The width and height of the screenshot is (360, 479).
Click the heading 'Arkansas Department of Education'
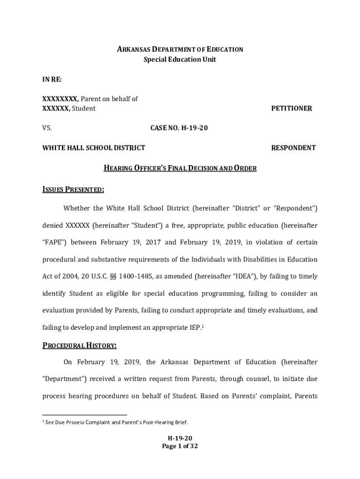point(180,49)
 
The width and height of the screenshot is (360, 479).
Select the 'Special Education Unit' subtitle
point(180,59)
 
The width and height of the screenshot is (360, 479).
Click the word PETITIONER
point(291,109)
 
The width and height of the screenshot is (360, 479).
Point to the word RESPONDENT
point(293,148)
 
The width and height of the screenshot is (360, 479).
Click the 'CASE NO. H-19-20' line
point(179,128)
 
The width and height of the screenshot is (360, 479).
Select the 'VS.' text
point(47,128)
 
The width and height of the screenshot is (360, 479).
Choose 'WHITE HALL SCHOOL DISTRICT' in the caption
point(94,148)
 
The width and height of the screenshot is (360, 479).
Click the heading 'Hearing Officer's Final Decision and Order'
point(180,168)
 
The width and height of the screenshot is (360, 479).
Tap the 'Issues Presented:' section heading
point(73,189)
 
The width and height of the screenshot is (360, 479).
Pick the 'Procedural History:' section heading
point(79,346)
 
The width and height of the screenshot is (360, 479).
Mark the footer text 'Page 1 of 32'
point(180,446)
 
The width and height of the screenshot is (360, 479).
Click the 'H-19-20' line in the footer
point(180,438)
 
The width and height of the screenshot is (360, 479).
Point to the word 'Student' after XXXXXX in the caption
point(84,109)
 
